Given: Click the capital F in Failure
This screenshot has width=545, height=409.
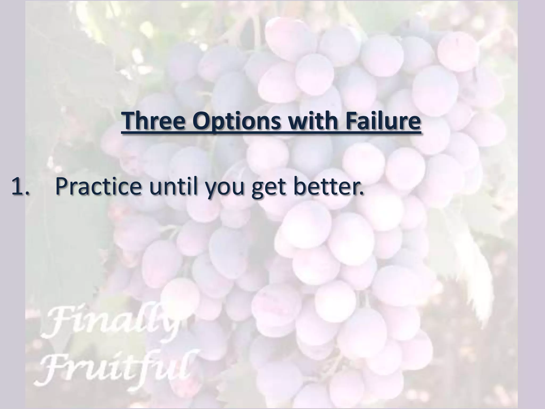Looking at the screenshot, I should [x=350, y=121].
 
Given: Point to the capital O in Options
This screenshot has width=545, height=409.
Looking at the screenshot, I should [x=201, y=121].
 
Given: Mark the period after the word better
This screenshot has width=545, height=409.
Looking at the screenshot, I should [x=361, y=193].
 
